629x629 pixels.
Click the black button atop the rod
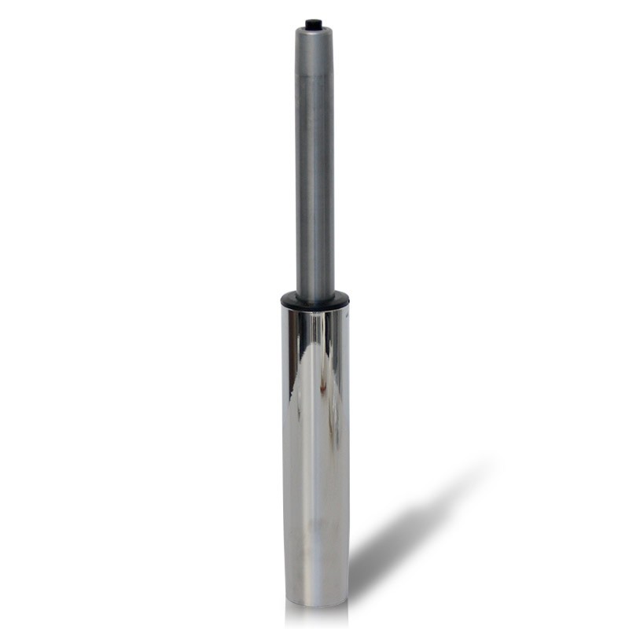tap(313, 24)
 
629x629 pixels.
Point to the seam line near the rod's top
tap(314, 73)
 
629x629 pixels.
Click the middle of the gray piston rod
tap(314, 181)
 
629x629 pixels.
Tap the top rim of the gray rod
tap(314, 31)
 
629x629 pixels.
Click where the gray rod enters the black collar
tap(314, 293)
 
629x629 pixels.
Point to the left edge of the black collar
tap(282, 300)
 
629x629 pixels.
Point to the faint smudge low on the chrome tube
tap(314, 523)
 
